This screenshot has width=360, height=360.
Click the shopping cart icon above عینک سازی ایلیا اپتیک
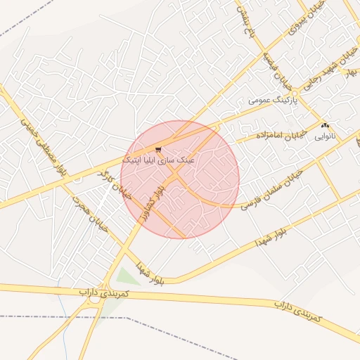159,149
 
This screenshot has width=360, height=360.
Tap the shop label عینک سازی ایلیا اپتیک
158,160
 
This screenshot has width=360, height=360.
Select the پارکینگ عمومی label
274,101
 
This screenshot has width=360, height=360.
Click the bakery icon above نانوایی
324,125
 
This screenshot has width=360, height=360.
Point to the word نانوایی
324,134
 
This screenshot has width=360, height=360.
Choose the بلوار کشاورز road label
153,203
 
